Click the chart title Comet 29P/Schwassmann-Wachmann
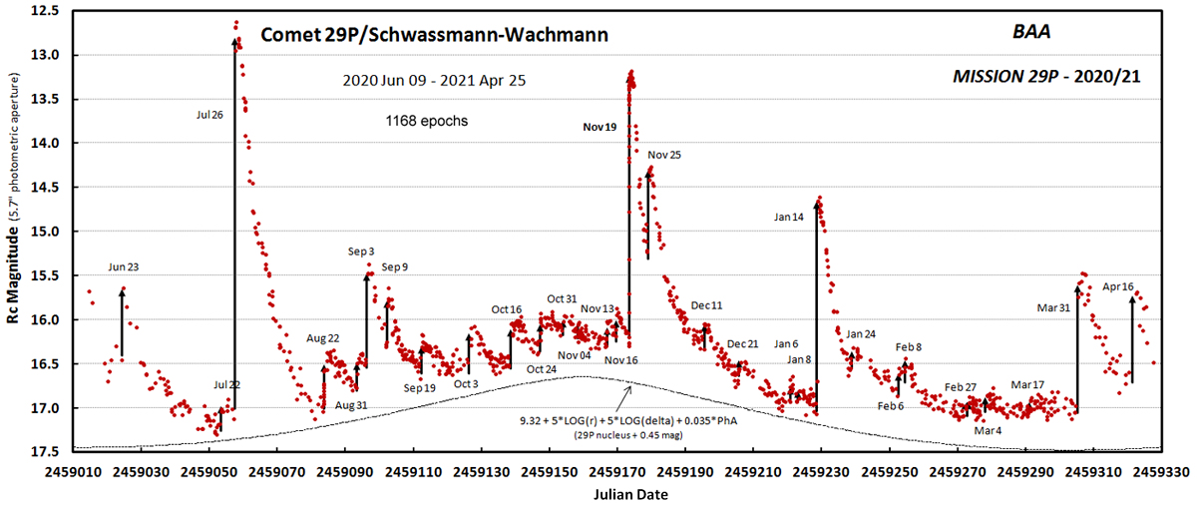click(435, 35)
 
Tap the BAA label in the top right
click(1031, 32)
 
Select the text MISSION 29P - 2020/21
click(1046, 77)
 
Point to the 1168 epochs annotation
click(427, 121)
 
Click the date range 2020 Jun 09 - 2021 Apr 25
click(434, 80)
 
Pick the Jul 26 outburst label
click(209, 115)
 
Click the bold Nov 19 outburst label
click(599, 127)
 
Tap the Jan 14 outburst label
click(789, 217)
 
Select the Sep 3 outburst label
click(361, 251)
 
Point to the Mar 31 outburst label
click(1053, 307)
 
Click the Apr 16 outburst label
click(1118, 286)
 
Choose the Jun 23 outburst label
click(124, 266)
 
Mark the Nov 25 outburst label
click(664, 155)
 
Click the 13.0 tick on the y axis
click(47, 55)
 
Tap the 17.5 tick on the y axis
click(47, 452)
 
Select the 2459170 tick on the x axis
click(617, 473)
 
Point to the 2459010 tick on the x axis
click(73, 473)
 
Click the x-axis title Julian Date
click(630, 495)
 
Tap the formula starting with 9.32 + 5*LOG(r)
click(628, 421)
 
